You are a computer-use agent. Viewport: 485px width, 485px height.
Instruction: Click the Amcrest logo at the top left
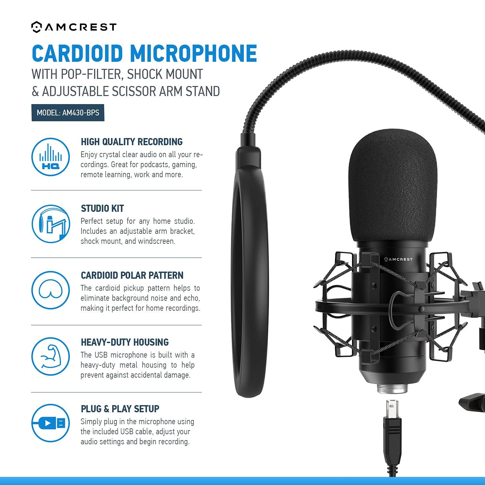click(x=74, y=27)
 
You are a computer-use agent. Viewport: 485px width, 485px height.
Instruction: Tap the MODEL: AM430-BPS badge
click(x=68, y=113)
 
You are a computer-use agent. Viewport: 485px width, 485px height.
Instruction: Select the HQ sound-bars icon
click(x=51, y=157)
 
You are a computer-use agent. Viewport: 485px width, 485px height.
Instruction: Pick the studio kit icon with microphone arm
click(x=51, y=224)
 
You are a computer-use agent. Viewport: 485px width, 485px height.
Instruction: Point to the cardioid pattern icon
click(x=51, y=290)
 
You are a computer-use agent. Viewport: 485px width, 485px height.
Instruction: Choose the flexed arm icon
click(x=51, y=356)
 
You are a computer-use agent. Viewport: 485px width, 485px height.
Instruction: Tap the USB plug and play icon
click(x=51, y=423)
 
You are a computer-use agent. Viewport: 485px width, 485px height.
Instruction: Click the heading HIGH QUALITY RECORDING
click(x=132, y=142)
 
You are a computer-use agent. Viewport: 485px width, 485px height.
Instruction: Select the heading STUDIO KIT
click(x=102, y=209)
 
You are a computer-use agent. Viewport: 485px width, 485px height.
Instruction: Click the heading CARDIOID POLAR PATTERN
click(x=132, y=275)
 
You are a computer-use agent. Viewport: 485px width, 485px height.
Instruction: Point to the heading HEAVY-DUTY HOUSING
click(x=124, y=342)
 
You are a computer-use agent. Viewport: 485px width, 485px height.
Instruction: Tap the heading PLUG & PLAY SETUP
click(x=120, y=409)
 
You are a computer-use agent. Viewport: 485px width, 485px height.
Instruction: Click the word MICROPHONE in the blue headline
click(x=193, y=53)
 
